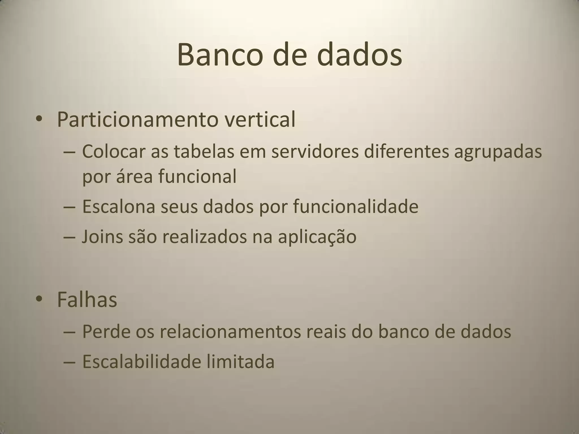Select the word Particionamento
(137, 120)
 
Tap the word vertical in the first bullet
(260, 119)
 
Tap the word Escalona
(119, 206)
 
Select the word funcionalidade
(355, 206)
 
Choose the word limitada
(240, 362)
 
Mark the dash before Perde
(70, 332)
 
